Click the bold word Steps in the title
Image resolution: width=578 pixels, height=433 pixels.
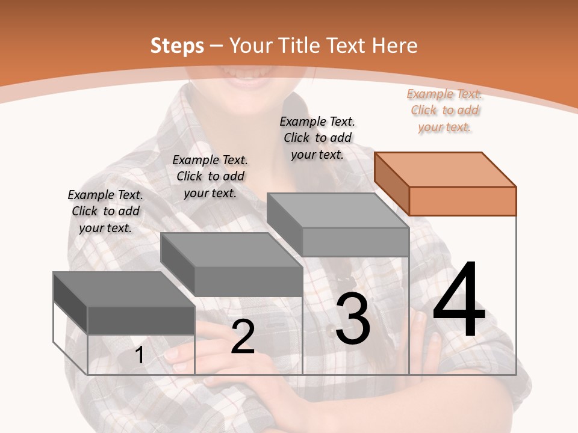[177, 46]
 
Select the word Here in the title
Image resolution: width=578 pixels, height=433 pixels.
[395, 46]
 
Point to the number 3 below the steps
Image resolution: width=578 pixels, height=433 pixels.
[353, 319]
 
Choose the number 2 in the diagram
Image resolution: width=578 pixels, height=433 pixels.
[243, 337]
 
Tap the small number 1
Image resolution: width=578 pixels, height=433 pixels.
[139, 355]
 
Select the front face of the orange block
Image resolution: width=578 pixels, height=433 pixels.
[462, 201]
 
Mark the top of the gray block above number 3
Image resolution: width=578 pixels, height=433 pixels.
[338, 210]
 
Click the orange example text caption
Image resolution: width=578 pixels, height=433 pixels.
[444, 111]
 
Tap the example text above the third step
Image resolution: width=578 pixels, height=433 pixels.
[317, 138]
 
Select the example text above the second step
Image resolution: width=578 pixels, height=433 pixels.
[210, 176]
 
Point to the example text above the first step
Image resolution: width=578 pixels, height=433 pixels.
[105, 211]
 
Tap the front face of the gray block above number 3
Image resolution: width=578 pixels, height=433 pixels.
[355, 242]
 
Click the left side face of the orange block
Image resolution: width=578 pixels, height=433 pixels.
[391, 183]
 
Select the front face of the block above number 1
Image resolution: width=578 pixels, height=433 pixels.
[141, 320]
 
